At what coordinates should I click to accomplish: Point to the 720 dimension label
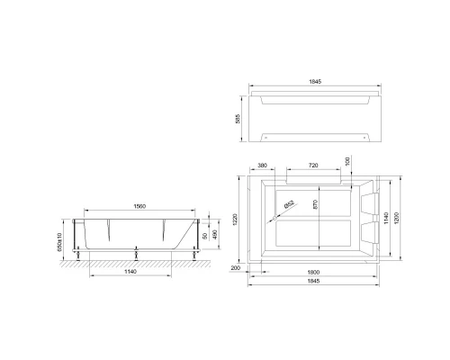point(313,166)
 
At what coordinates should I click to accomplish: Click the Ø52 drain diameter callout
point(291,206)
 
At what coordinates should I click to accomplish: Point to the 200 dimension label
point(237,268)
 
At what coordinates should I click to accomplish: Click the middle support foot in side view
point(134,255)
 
